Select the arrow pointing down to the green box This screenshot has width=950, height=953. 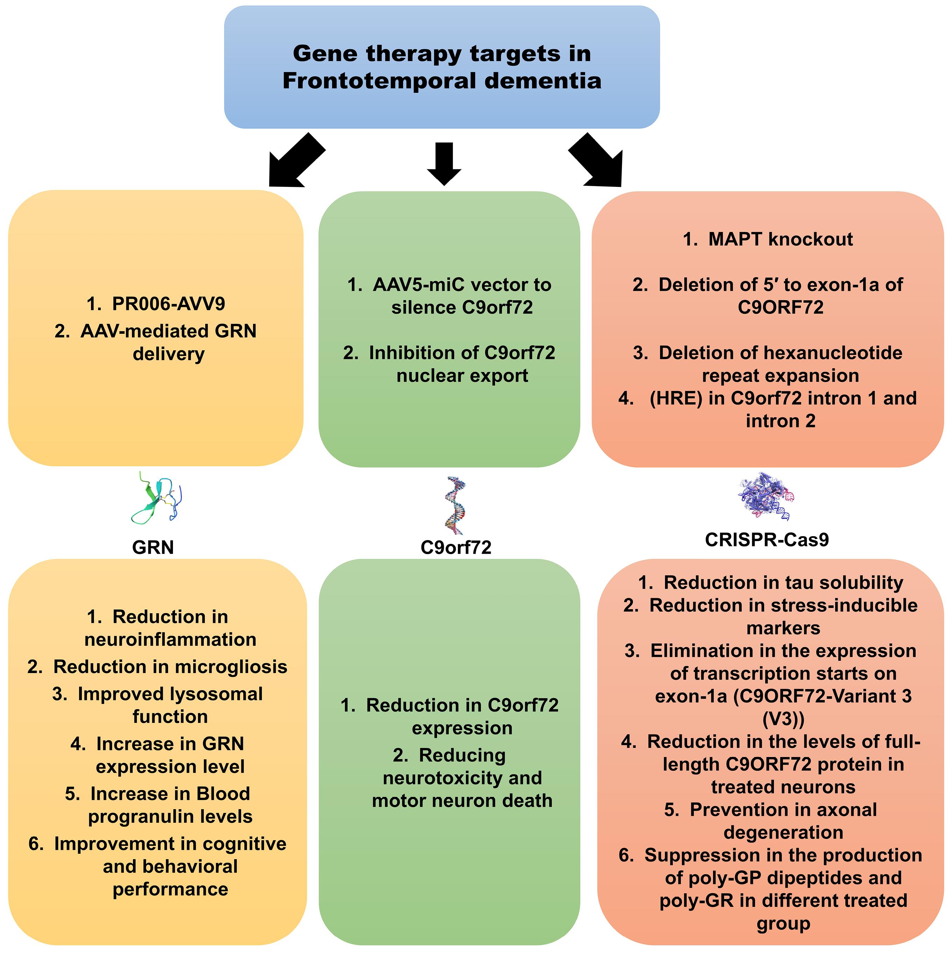(444, 163)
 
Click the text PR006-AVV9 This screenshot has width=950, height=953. (168, 304)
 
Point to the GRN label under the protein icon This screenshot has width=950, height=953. (153, 547)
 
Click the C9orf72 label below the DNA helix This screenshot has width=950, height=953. (456, 547)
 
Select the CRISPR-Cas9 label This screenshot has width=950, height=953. (767, 540)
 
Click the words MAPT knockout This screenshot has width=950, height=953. (780, 239)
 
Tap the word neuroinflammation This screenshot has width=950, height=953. (170, 640)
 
